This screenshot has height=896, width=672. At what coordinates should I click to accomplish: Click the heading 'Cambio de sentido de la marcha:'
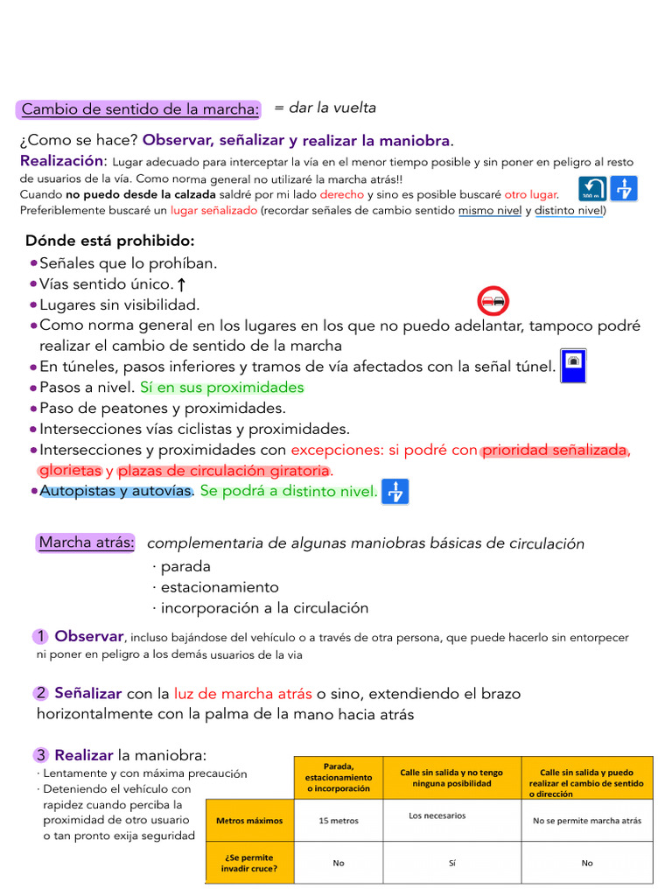coord(140,109)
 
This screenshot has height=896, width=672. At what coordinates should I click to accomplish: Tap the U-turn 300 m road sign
coord(592,189)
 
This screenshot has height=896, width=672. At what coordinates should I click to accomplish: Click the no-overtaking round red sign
coord(493,301)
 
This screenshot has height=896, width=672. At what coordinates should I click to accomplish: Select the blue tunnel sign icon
coord(572,365)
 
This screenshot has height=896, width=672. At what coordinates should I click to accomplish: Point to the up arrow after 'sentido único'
coord(181,284)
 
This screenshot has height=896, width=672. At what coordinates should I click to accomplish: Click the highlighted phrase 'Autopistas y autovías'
coord(115,491)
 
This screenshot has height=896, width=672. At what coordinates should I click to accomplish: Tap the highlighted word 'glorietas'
coord(71,471)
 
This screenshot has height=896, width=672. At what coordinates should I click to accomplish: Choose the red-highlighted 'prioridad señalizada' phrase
coord(555,450)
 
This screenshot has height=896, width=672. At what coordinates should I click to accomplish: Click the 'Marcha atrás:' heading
coord(87,542)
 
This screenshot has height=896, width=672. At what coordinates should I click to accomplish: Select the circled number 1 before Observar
coord(41,636)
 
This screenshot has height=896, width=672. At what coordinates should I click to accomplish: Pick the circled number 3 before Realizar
coord(41,755)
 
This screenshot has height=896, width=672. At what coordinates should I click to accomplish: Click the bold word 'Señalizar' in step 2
coord(87,693)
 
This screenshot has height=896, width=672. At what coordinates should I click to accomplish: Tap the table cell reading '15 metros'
coord(339,821)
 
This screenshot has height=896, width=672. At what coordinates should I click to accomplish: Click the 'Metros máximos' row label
coord(249,821)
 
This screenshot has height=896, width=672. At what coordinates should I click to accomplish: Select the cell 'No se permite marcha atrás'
coord(587,821)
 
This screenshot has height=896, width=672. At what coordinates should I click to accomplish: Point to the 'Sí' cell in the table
coord(451,863)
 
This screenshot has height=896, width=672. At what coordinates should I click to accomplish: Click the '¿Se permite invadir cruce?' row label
coord(249,863)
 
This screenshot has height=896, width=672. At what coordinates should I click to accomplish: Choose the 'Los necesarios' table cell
coord(437,815)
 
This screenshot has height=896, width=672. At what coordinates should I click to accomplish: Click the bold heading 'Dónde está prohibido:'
coord(110,241)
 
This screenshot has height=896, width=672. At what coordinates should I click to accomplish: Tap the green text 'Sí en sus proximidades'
coord(222,387)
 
